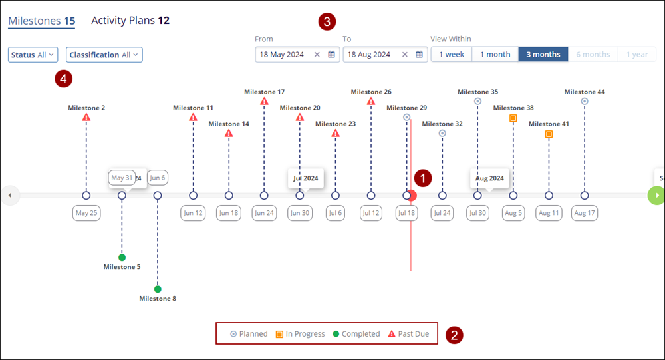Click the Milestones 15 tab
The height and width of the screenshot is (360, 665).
tap(41, 21)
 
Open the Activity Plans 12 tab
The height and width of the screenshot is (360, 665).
tap(130, 21)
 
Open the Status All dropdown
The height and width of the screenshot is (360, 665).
tap(33, 55)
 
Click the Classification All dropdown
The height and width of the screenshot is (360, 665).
tap(104, 55)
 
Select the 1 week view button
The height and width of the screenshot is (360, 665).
tap(452, 55)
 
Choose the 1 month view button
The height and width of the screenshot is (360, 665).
tap(495, 55)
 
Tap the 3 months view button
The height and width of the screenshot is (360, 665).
tap(543, 55)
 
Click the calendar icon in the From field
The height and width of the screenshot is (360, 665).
tap(332, 55)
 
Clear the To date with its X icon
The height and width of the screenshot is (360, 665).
tap(404, 55)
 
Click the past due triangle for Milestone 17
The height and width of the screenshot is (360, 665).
tap(264, 101)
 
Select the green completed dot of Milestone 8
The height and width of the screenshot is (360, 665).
tap(158, 289)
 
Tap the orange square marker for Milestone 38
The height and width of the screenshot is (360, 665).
tap(513, 118)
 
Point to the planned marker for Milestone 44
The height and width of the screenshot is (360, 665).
tap(585, 101)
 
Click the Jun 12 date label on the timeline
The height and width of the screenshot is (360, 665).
tap(193, 213)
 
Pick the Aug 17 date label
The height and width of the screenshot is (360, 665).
tap(585, 213)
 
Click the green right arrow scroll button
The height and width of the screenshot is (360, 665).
tap(656, 195)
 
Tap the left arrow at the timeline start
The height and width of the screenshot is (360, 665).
tap(10, 196)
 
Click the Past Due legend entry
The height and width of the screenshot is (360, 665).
tap(408, 334)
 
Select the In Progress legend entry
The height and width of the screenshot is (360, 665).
tap(301, 334)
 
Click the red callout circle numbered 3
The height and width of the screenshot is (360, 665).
tap(327, 21)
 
